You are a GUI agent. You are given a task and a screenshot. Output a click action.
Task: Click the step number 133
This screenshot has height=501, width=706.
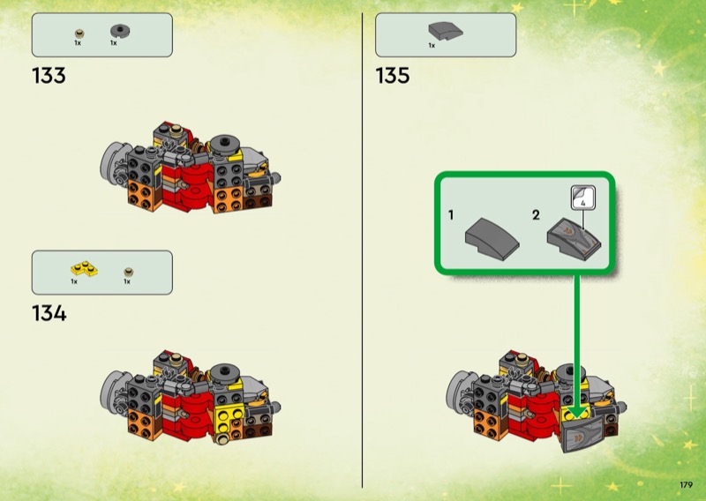(49, 76)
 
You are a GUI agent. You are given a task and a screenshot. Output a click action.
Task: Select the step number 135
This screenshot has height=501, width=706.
(393, 76)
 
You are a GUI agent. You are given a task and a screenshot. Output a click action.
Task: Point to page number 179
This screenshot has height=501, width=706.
(686, 484)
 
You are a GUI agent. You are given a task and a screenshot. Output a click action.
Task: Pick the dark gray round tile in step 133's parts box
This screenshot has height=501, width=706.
(116, 30)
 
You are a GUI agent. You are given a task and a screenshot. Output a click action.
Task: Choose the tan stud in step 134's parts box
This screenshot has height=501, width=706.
(129, 268)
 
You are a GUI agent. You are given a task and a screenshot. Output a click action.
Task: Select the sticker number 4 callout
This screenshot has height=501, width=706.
(582, 198)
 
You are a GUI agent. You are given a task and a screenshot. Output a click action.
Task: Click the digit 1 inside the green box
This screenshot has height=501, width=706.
(451, 214)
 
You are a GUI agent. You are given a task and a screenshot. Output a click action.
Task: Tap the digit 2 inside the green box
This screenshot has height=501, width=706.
(536, 214)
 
